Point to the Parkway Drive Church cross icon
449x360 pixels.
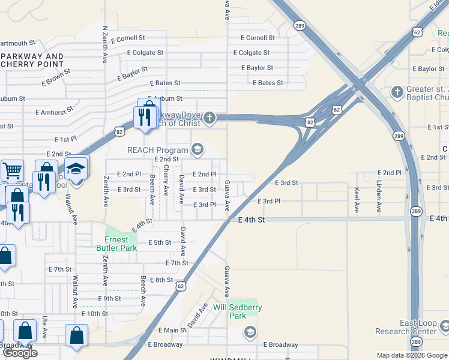[x=209, y=117]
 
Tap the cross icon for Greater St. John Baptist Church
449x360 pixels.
[x=396, y=92]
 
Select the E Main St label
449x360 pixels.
[x=172, y=330]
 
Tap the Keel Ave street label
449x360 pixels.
[x=357, y=200]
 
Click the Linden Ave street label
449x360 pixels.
[x=379, y=196]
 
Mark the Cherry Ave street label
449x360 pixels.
[x=166, y=181]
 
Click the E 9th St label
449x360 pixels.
[x=109, y=298]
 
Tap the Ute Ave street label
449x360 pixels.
[x=45, y=328]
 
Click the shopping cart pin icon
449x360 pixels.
[x=12, y=172]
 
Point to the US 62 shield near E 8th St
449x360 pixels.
[x=181, y=286]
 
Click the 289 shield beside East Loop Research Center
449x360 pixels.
[x=415, y=341]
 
